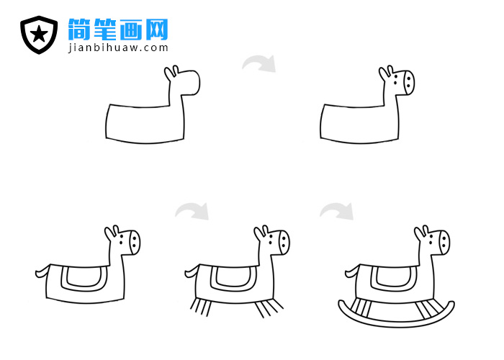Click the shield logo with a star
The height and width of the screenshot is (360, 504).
[x=39, y=35]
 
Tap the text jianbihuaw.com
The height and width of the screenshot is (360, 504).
[x=118, y=48]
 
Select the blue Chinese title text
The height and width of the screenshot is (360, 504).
[x=118, y=29]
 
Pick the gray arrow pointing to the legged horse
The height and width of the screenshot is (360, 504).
[x=192, y=210]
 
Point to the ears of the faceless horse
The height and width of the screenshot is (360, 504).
[x=171, y=73]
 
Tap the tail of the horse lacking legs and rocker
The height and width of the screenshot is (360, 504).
[x=42, y=271]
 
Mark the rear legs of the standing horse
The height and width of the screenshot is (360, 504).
[x=200, y=307]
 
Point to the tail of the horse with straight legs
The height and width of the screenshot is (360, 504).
[x=192, y=271]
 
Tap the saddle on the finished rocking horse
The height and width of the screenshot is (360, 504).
[x=392, y=277]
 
